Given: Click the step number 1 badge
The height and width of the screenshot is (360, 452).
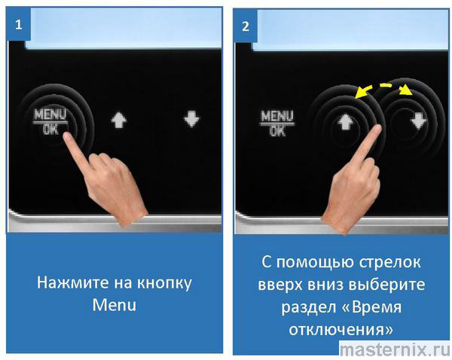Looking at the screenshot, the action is coord(18,24).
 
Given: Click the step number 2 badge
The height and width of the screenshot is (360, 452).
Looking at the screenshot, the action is coord(246,26).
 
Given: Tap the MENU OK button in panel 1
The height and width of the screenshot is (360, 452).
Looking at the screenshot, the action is coord(50,122).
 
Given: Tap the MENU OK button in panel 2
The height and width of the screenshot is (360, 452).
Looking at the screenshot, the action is coord(277,124).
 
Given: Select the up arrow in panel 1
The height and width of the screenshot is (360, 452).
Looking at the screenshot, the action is coord(119,120).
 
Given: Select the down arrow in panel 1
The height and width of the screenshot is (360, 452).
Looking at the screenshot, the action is coord(191,119).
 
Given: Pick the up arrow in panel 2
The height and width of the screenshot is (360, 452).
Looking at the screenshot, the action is coord(345,122).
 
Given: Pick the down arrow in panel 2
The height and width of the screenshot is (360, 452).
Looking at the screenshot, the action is coord(419,121).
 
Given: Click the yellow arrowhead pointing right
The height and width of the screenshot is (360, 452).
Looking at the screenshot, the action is coord(407,90).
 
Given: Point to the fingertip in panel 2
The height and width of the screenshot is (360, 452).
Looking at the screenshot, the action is coord(377,129).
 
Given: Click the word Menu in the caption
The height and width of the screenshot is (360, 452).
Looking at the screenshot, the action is coord(115,305).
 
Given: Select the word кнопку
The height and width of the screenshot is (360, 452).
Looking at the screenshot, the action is coord(164,284).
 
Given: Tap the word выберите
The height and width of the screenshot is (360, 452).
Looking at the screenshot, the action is coord(387,285).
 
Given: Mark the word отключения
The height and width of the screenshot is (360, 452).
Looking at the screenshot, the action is coord(341,329).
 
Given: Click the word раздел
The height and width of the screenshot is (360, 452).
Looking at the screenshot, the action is coord(308,307).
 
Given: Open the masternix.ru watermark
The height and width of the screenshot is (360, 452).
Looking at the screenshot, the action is coord(395,349).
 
